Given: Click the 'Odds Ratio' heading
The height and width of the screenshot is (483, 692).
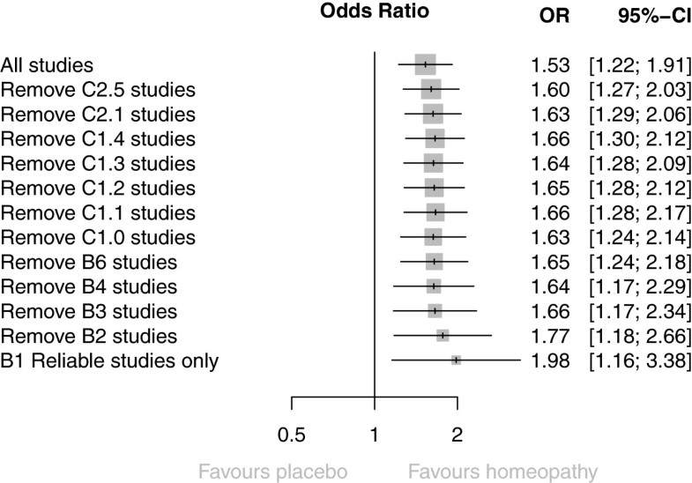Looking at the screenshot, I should (376, 13).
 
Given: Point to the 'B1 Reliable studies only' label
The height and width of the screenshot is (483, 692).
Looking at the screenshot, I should (110, 360).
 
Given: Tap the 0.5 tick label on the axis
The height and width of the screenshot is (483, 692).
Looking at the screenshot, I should (291, 435).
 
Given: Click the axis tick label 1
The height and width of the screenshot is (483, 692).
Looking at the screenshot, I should (375, 435).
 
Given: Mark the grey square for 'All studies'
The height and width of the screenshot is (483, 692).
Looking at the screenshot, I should (426, 64).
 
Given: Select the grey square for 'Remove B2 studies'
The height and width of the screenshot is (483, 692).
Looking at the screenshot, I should (443, 336).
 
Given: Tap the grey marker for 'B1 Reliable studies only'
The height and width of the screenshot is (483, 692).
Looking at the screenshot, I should (456, 360).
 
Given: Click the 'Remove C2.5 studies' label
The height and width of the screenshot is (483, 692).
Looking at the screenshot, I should (98, 89).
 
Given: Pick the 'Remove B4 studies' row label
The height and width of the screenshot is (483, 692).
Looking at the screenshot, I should (89, 286).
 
